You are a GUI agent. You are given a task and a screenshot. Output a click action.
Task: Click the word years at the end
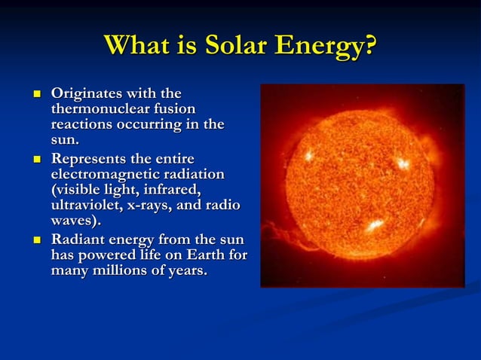click(187, 270)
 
